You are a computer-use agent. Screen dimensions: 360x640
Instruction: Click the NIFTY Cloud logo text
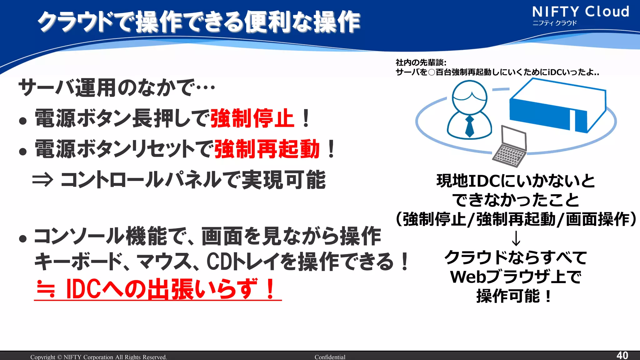tap(580, 12)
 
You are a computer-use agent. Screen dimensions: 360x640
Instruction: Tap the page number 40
tap(622, 355)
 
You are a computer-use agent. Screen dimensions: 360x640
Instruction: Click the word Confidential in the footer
tap(330, 357)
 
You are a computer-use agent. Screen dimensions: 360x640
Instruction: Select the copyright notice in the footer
tap(98, 357)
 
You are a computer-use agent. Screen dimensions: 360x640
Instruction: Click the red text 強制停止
tap(252, 118)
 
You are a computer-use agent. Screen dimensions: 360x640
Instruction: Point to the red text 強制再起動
tap(267, 149)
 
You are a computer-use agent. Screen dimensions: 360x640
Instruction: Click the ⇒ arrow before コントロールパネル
tap(43, 180)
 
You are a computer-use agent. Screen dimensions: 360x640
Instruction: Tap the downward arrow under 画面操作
tap(516, 238)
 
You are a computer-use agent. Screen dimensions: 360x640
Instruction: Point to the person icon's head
tap(469, 97)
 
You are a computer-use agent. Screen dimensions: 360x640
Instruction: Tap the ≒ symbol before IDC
tap(46, 289)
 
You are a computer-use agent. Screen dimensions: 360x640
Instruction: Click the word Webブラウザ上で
tap(516, 277)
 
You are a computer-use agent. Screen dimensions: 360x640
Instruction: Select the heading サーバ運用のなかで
tap(116, 87)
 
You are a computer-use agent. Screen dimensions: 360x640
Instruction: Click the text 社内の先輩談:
tap(421, 62)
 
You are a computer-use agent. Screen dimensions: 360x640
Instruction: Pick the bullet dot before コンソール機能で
tap(22, 239)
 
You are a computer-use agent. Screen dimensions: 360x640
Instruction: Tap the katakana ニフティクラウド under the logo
tap(554, 23)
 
